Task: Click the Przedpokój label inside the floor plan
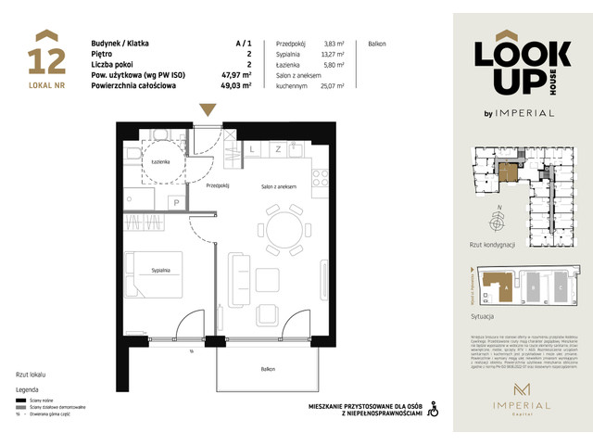pos(219,185)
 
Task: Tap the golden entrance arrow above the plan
pos(208,109)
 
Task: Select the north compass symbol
pos(498,222)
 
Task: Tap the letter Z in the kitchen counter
pos(277,149)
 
